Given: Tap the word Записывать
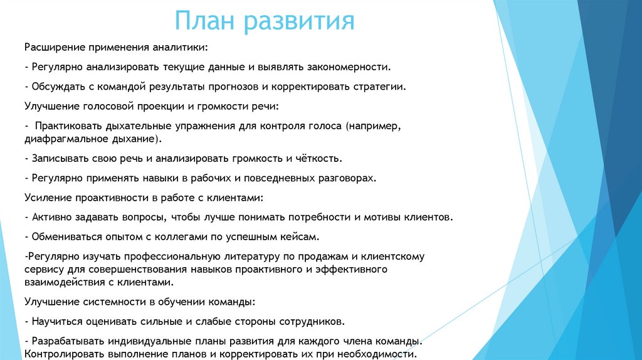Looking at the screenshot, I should tap(58, 158).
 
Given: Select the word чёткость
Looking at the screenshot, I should tap(318, 158).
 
